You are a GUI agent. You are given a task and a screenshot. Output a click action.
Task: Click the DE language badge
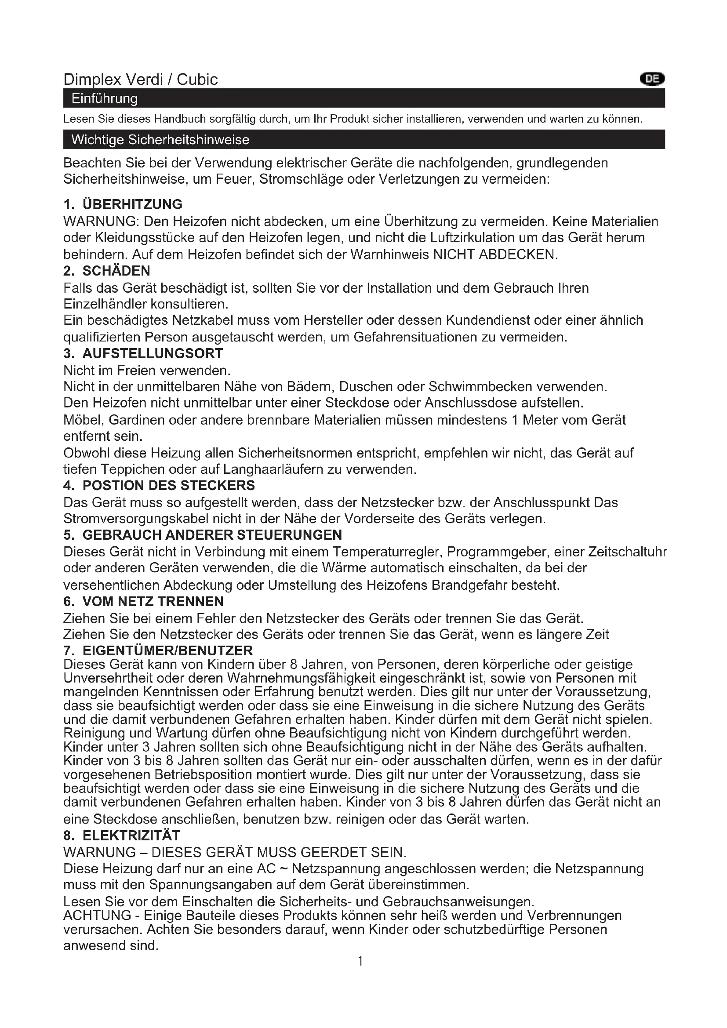point(652,79)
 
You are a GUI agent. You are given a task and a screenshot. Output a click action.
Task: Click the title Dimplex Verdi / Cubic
point(141,80)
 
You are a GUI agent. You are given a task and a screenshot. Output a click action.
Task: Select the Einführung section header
point(105,98)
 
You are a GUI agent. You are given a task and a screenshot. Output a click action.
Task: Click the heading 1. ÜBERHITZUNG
point(123,204)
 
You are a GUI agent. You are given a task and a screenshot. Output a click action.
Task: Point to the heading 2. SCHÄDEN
point(107,271)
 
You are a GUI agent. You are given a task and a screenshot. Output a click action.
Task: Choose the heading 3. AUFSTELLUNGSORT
point(143,353)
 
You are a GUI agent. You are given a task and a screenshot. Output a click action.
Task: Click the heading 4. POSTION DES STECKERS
point(160,485)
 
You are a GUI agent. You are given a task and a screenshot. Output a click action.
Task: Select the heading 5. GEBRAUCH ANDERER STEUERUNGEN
point(203,534)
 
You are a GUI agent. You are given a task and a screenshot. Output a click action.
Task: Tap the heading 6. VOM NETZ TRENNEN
point(144,601)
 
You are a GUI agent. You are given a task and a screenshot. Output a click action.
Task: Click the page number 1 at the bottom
point(360,961)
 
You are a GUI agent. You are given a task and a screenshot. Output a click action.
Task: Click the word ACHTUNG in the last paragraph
point(97,915)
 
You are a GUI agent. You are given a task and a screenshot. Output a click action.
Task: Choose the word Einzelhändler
point(105,304)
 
